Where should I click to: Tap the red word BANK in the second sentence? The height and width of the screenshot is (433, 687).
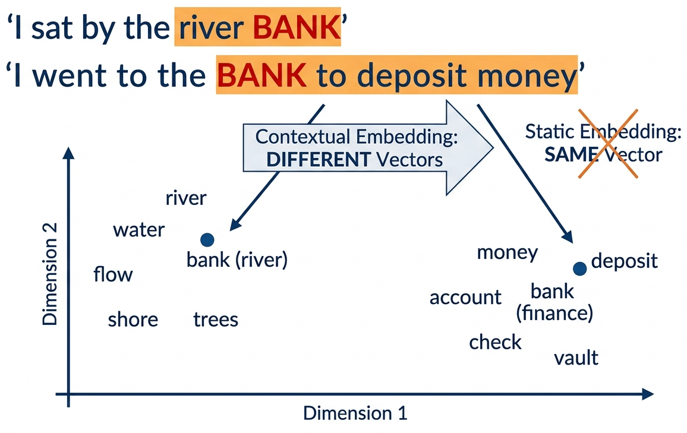(262, 75)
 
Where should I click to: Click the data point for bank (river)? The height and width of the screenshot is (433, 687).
(207, 240)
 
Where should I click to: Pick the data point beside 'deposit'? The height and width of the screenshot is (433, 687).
(580, 268)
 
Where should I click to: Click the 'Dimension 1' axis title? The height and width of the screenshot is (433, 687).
(355, 413)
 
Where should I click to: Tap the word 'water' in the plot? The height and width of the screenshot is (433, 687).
(138, 230)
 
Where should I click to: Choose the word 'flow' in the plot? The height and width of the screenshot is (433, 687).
(113, 275)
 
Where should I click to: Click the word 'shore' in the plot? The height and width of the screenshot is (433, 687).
(133, 320)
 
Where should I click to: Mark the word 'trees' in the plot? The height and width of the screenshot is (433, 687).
(216, 320)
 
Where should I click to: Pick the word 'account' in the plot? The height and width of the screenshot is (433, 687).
(465, 297)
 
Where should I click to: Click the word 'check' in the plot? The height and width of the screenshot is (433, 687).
(495, 342)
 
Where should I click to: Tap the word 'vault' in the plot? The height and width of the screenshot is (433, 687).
(576, 358)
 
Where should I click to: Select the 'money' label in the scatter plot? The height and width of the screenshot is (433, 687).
(508, 253)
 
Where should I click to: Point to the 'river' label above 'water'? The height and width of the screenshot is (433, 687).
(186, 198)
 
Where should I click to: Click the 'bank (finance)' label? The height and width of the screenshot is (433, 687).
(553, 302)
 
